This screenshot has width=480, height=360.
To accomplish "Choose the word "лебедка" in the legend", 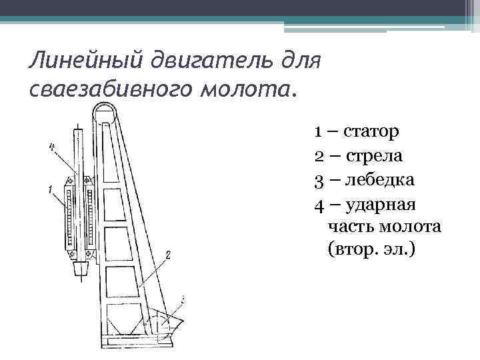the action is coord(378,180).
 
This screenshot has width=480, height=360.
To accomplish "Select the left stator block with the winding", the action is coord(69,220).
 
